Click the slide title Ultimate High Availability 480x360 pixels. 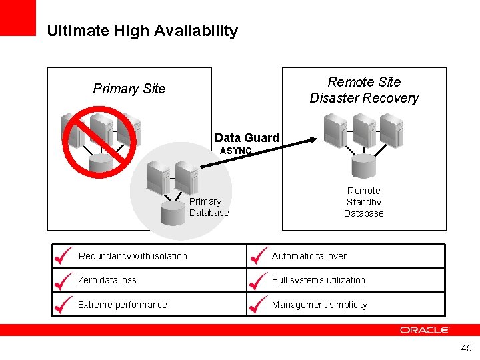[x=142, y=31]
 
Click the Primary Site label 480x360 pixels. [x=129, y=89]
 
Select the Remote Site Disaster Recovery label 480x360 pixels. [x=364, y=90]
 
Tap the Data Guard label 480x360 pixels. [x=247, y=138]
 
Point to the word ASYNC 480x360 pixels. [x=236, y=151]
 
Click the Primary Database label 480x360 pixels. [x=209, y=207]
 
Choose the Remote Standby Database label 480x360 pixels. [x=364, y=202]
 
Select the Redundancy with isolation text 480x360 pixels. [x=133, y=256]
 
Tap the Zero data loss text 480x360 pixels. [x=107, y=280]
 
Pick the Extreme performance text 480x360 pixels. [x=122, y=305]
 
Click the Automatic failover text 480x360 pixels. [x=309, y=256]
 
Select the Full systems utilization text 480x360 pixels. [x=318, y=280]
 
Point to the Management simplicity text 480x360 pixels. [x=319, y=305]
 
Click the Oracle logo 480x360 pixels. [x=425, y=329]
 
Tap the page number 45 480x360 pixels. [x=466, y=348]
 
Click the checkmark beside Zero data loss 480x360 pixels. [x=63, y=279]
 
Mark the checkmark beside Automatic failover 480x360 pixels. [x=257, y=255]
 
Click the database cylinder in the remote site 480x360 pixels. [x=364, y=163]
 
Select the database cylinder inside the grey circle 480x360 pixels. [x=173, y=213]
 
